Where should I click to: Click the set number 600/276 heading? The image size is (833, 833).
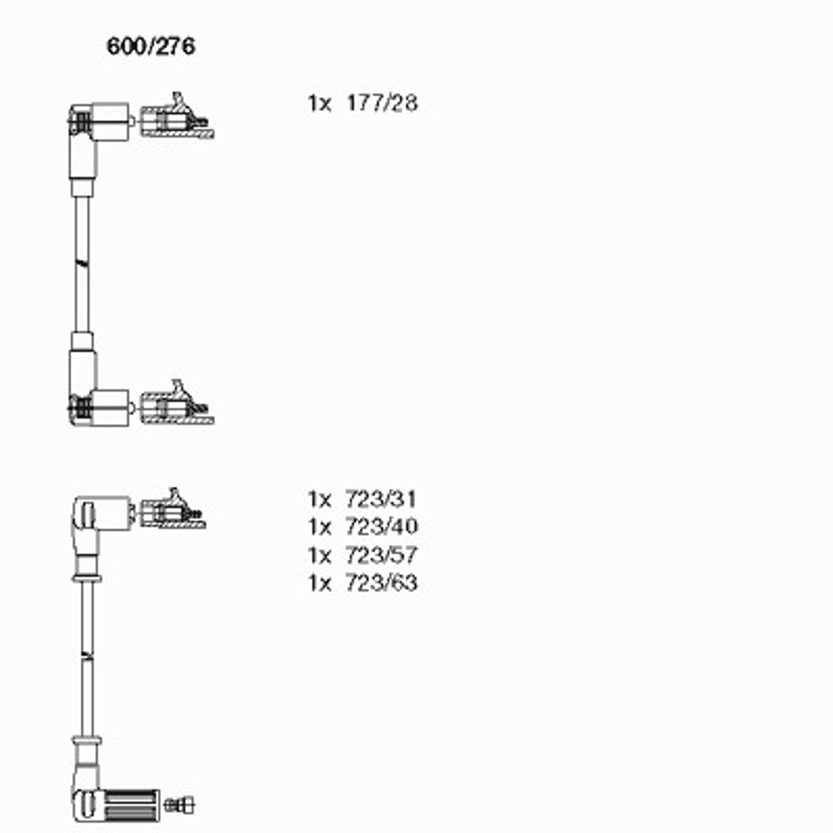coord(151,46)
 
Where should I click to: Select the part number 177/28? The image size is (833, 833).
coord(382,103)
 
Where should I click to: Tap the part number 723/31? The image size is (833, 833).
coord(381,499)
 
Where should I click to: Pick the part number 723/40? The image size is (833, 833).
coord(381,526)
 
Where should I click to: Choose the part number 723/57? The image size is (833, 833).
coord(381,555)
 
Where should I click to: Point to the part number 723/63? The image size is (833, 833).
coord(381,583)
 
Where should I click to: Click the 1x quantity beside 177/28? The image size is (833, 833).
coord(319,104)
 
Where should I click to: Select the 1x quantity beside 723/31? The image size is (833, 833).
coord(319,500)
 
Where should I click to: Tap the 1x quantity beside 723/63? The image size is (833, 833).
coord(319,583)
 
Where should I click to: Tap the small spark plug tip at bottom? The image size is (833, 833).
coord(179,805)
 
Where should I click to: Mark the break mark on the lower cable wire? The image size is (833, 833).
coord(87,656)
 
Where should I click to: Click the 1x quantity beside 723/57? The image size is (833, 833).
coord(319,556)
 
